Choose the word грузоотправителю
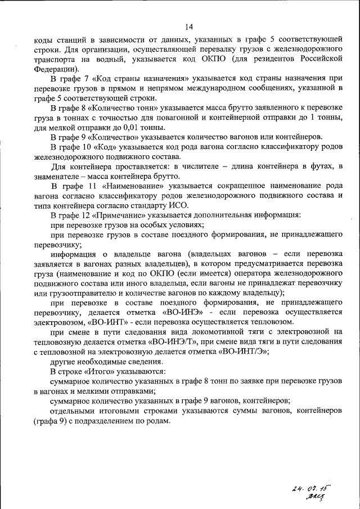coord(82,293)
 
